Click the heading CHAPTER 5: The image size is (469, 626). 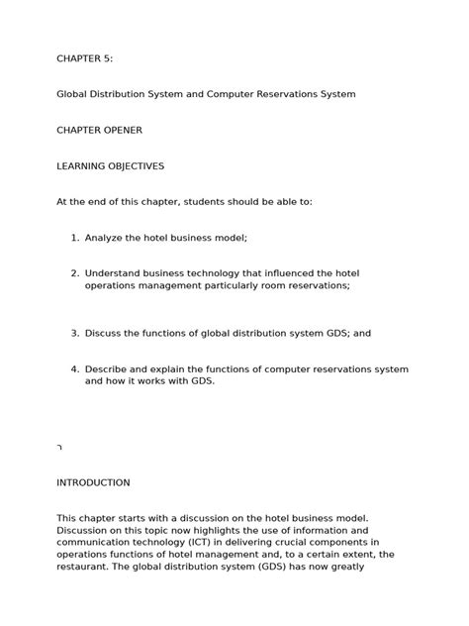pyautogui.click(x=84, y=58)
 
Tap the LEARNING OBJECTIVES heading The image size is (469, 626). pyautogui.click(x=110, y=165)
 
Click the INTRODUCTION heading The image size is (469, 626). pyautogui.click(x=93, y=482)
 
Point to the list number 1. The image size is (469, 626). pyautogui.click(x=75, y=238)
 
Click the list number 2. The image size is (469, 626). pyautogui.click(x=75, y=272)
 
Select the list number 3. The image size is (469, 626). pyautogui.click(x=75, y=334)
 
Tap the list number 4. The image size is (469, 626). pyautogui.click(x=75, y=369)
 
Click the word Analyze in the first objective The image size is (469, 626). pyautogui.click(x=106, y=238)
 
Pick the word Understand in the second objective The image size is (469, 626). pyautogui.click(x=116, y=272)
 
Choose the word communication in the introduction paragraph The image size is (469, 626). pyautogui.click(x=98, y=543)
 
